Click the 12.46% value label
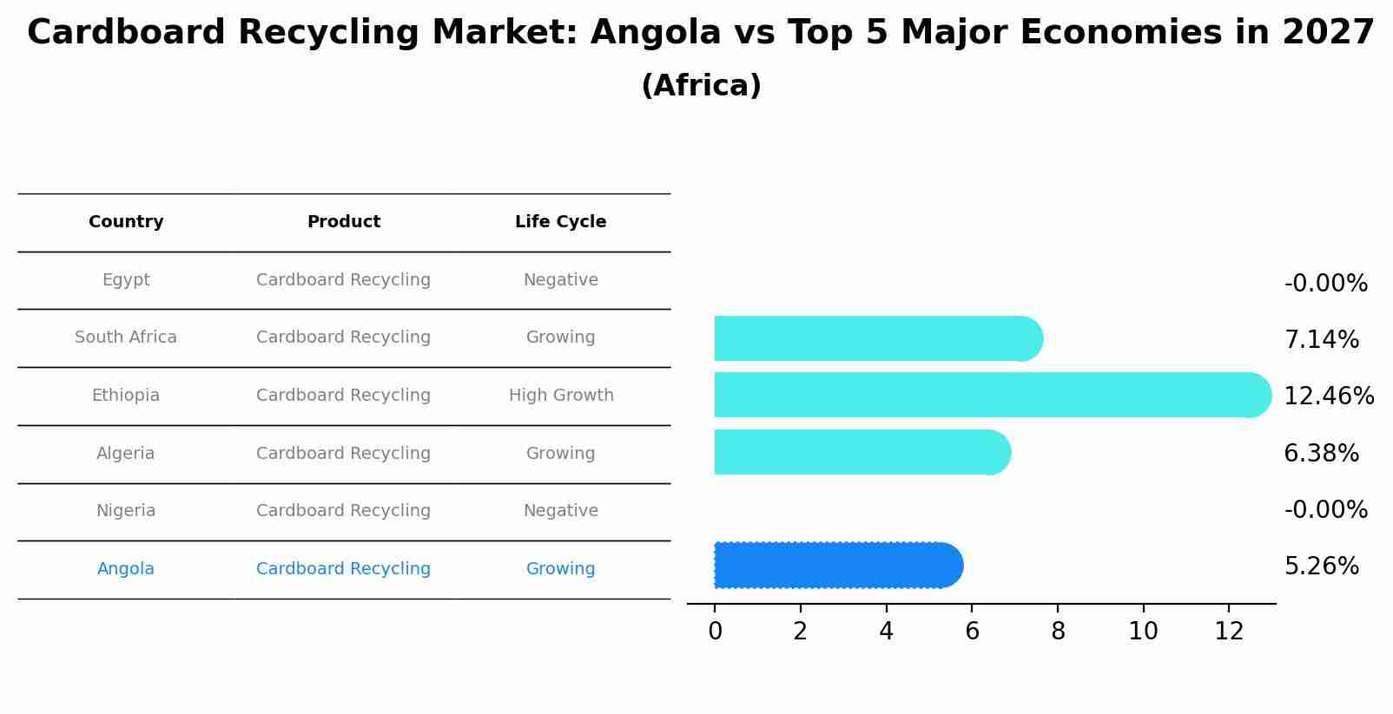point(1328,396)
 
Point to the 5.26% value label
point(1321,567)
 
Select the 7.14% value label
point(1321,340)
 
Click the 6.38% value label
point(1321,454)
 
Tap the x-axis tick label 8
point(1058,632)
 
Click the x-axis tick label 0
point(715,632)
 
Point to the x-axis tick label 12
point(1229,632)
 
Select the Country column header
point(126,222)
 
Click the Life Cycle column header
point(560,222)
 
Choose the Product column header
point(344,222)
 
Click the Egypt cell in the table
point(126,280)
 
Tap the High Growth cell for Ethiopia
point(561,396)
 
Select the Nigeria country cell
point(126,511)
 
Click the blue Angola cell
point(126,569)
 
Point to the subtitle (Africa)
point(701,86)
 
